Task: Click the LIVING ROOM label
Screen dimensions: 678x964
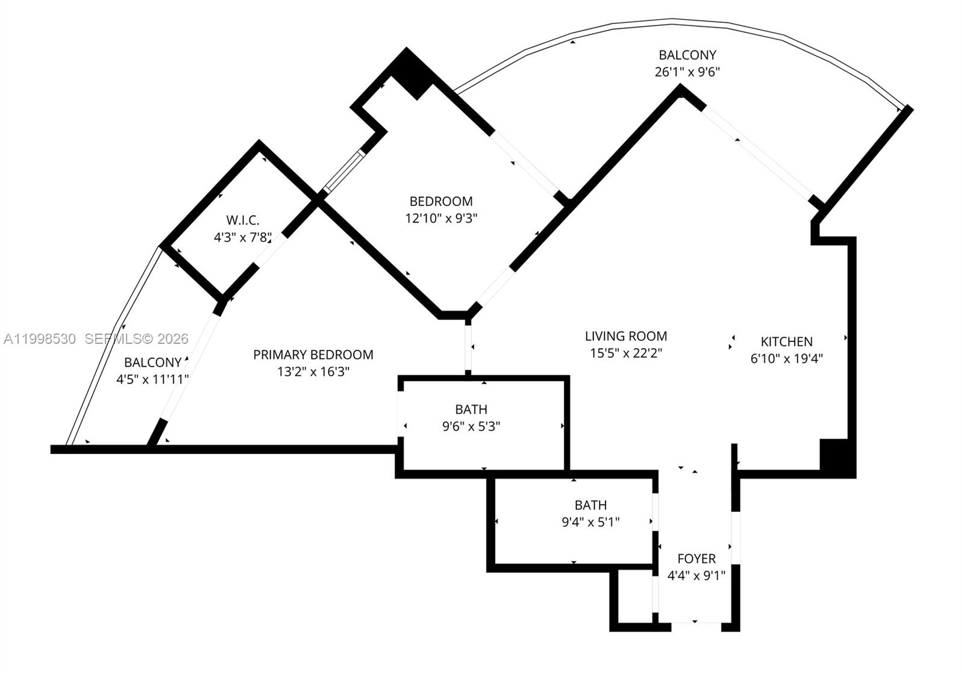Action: (x=626, y=336)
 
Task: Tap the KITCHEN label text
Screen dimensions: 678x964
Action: (x=786, y=341)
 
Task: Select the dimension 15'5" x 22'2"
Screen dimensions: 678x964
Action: (x=626, y=353)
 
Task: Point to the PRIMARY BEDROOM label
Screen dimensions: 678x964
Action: (x=313, y=355)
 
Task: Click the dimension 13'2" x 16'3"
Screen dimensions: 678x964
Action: (x=313, y=372)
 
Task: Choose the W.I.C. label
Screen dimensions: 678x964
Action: (x=243, y=220)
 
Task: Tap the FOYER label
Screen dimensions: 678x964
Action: (x=696, y=559)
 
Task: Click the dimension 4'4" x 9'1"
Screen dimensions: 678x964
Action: (x=696, y=576)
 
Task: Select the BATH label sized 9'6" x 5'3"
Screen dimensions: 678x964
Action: (x=471, y=409)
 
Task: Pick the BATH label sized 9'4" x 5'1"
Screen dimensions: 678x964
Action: (x=590, y=505)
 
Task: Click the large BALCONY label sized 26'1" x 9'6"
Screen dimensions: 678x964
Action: (x=687, y=55)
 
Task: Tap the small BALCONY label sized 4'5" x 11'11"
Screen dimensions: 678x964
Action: (x=152, y=362)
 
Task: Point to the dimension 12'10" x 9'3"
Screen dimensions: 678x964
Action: (x=441, y=219)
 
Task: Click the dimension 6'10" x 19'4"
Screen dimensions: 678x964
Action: (x=786, y=359)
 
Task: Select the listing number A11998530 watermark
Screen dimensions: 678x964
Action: (x=40, y=339)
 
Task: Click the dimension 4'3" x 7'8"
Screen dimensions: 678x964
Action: (x=243, y=237)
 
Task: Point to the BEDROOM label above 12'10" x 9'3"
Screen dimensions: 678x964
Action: (x=441, y=201)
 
